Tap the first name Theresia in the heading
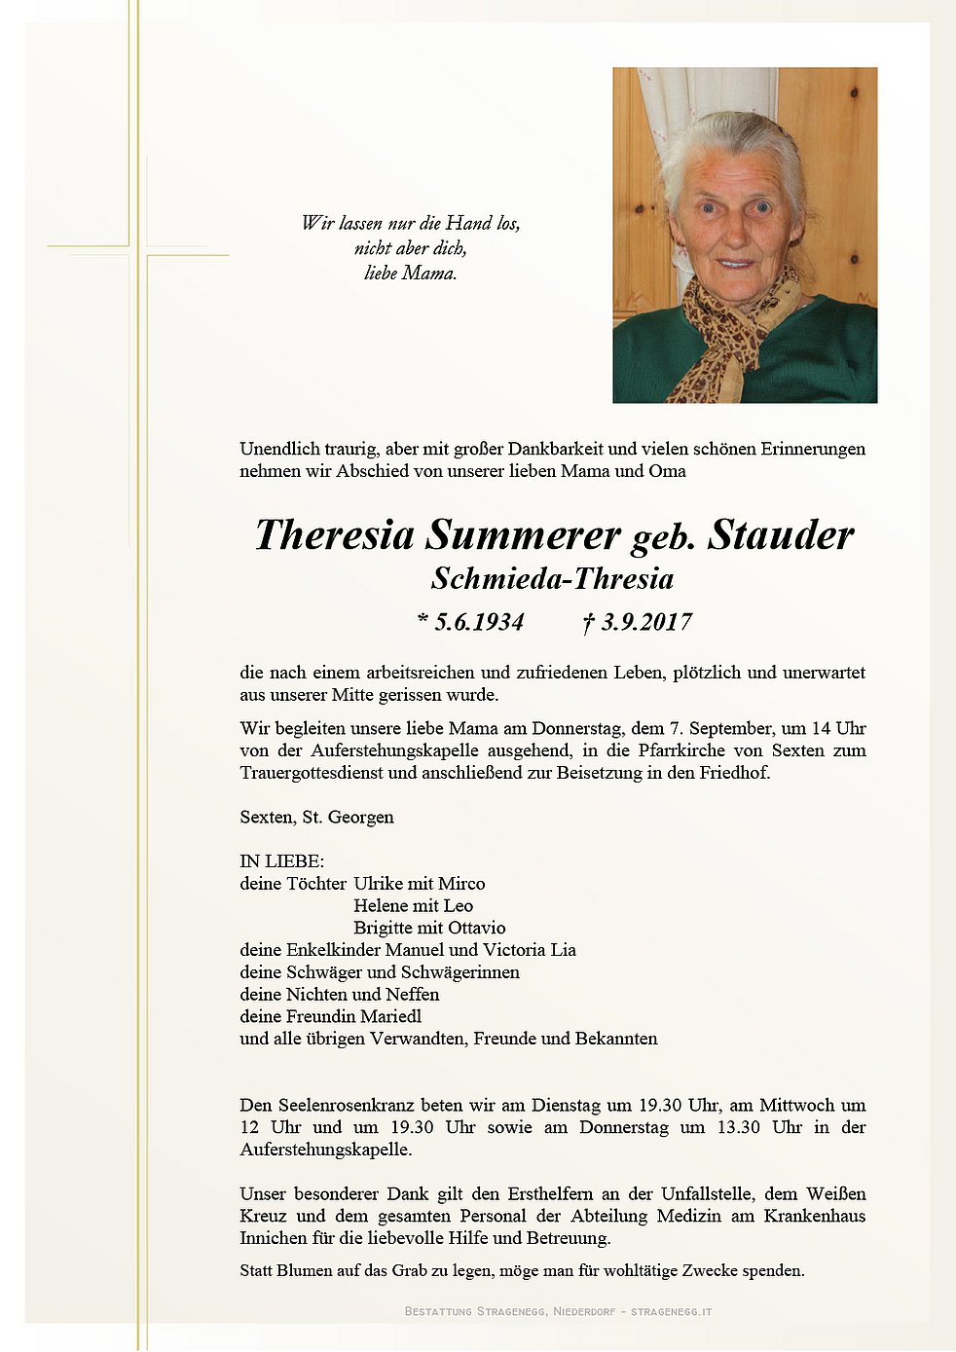334,535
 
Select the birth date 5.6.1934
478,622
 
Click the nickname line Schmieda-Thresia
552,579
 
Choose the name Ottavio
476,929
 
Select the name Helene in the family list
381,906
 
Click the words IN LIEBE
282,861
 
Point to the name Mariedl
390,1016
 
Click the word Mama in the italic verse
428,274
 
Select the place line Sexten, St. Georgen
316,817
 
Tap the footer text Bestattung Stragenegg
475,1311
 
